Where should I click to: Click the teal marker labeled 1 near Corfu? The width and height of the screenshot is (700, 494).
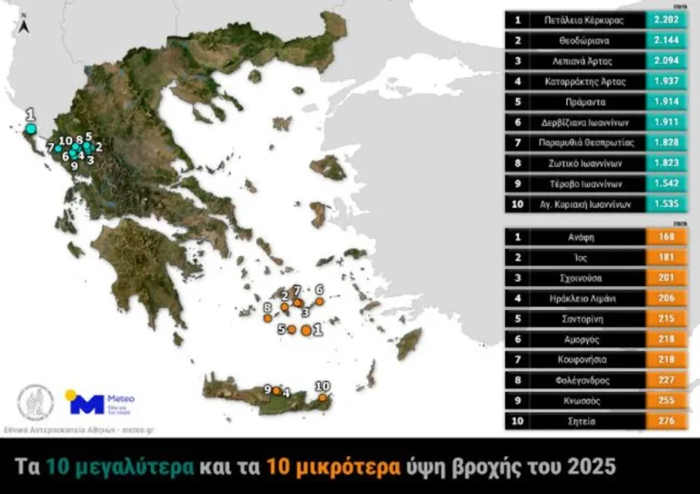pos(30,129)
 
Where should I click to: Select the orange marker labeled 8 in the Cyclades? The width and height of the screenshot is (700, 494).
pos(270,319)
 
